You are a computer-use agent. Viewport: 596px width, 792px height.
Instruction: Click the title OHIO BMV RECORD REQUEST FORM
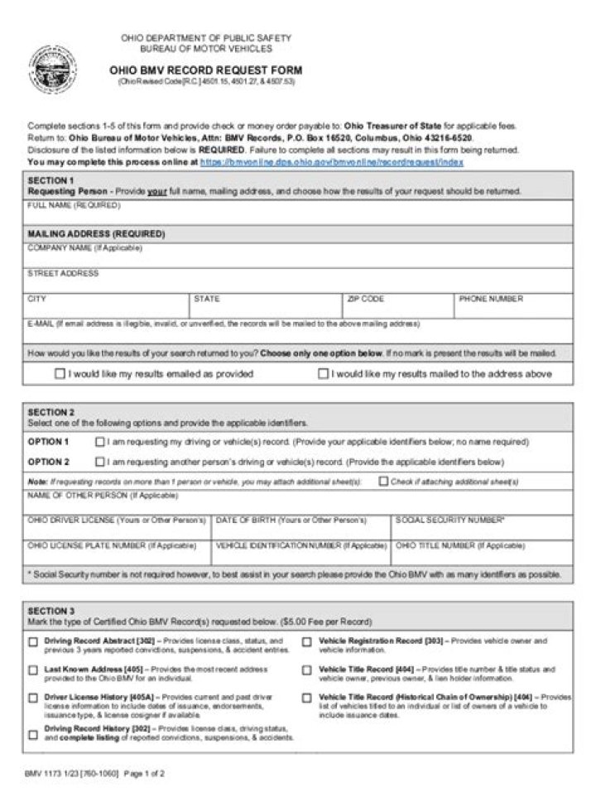pos(205,70)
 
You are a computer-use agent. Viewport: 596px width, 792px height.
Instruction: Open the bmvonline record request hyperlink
pos(331,163)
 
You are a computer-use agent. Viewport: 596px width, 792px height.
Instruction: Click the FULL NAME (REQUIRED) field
pos(298,216)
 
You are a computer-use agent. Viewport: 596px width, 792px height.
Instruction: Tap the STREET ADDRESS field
pos(298,282)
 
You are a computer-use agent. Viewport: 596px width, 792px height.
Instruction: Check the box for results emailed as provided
pos(60,374)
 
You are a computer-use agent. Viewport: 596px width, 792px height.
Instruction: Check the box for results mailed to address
pos(323,374)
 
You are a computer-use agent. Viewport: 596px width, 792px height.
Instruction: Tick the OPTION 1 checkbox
pos(100,442)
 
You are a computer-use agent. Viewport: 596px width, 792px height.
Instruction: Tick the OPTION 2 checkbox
pos(100,462)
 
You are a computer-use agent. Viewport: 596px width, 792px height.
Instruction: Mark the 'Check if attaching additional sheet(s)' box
pos(383,481)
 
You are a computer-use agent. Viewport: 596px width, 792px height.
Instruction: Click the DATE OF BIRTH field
pos(301,530)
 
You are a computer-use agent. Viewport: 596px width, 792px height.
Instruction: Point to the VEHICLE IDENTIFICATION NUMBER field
pos(301,556)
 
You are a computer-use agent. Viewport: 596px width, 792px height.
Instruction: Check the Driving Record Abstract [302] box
pos(33,641)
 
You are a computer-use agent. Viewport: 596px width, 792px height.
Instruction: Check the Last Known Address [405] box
pos(33,670)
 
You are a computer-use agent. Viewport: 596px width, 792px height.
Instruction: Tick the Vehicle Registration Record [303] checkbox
pos(306,641)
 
